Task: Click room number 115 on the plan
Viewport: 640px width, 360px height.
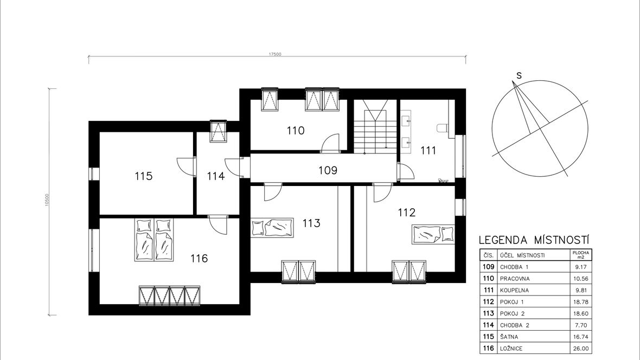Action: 144,176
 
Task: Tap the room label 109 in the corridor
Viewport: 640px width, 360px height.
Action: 328,170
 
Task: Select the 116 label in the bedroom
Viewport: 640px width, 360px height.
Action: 199,259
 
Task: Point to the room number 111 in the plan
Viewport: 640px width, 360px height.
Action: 428,151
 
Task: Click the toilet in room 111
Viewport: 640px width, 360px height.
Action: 443,128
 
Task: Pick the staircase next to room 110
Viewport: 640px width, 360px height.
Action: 375,127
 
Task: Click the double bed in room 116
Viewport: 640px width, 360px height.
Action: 154,240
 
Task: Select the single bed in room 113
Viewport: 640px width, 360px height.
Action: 272,227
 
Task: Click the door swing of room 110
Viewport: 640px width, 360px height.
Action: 330,143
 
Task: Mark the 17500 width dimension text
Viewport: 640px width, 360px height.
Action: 275,54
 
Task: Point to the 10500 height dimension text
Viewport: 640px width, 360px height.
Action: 47,200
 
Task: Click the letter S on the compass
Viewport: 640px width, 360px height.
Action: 519,75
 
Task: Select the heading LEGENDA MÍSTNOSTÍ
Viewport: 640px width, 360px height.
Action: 534,240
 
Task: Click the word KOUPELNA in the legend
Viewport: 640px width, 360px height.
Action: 514,291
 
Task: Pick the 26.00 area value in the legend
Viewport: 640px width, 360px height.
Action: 581,349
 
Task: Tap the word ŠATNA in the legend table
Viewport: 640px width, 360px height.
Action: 509,337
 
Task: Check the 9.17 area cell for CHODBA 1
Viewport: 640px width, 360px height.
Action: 581,267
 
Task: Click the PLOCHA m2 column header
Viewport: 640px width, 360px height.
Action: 581,255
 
